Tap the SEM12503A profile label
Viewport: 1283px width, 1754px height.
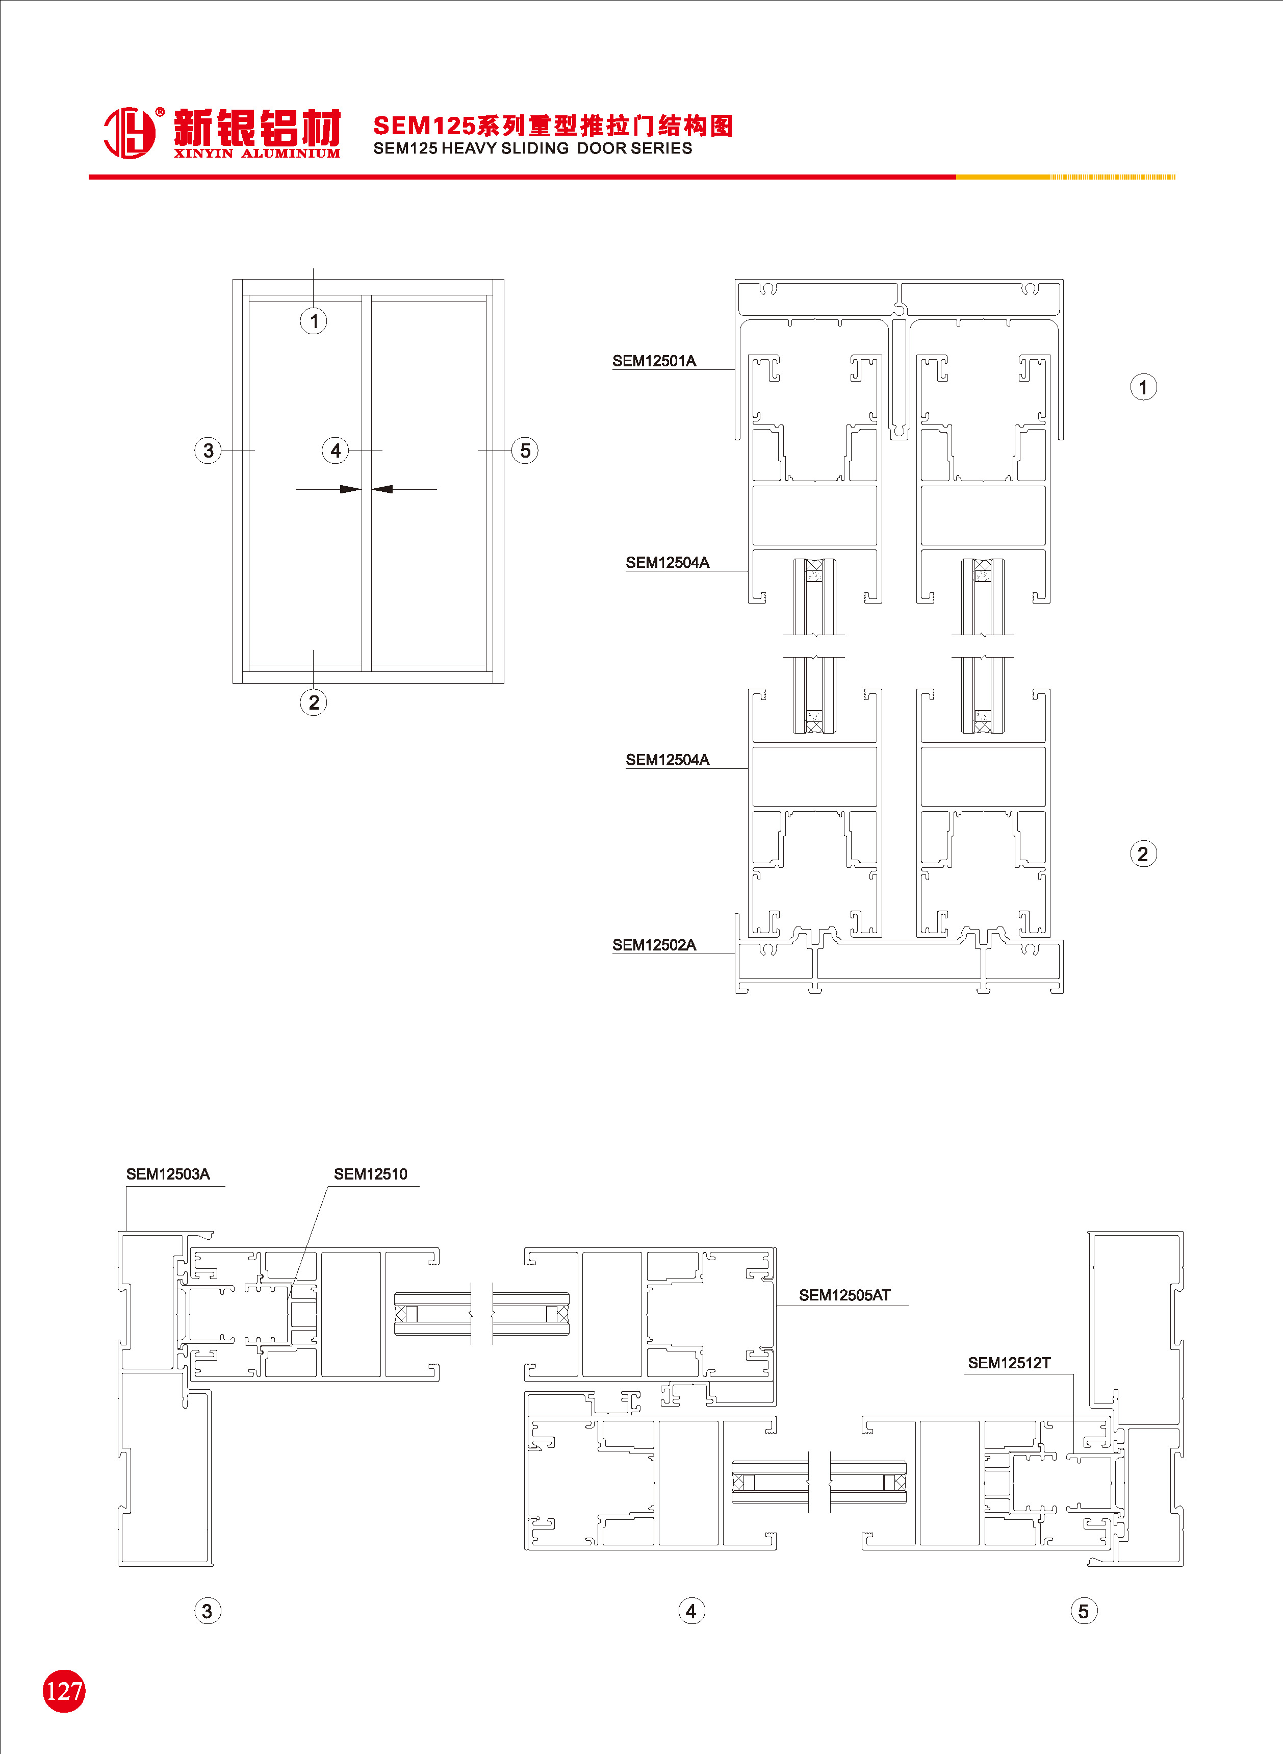(x=168, y=1174)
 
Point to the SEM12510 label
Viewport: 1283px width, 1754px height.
(x=370, y=1174)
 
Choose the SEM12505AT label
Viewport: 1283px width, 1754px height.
(x=844, y=1295)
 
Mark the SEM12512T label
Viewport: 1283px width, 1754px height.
(x=1009, y=1363)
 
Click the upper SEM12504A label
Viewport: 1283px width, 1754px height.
(x=667, y=562)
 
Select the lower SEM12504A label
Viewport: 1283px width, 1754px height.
(x=667, y=760)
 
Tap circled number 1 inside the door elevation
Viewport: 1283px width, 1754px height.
(x=314, y=321)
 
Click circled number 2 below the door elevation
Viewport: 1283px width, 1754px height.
(x=314, y=702)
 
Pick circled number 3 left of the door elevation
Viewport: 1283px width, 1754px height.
(x=208, y=450)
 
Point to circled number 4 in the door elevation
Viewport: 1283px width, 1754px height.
(x=336, y=450)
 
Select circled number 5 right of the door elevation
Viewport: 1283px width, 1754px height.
(x=525, y=450)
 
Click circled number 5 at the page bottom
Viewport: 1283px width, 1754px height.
(x=1084, y=1611)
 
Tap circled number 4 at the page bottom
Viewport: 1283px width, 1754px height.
(x=691, y=1611)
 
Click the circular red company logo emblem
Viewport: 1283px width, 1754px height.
(x=130, y=133)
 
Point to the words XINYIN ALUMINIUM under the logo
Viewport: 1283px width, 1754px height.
(x=257, y=153)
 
